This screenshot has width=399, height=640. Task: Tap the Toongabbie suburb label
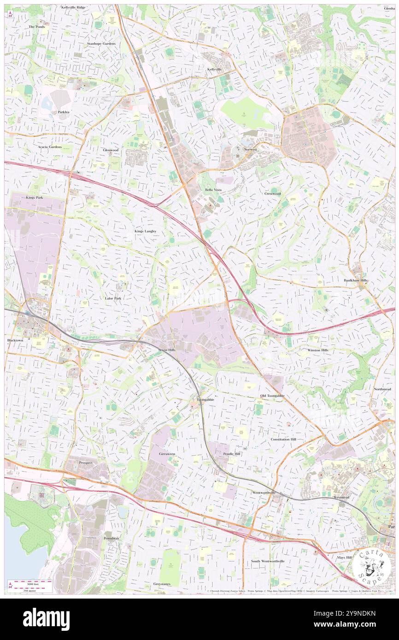[x=205, y=399]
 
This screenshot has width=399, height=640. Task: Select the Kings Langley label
[x=146, y=231]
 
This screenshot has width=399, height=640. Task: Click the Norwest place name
[x=250, y=150]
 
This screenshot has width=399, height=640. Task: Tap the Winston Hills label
[x=318, y=350]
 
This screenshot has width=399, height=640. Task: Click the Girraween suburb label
[x=167, y=454]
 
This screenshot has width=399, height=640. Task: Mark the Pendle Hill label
[x=232, y=454]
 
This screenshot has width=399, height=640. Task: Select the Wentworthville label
[x=264, y=492]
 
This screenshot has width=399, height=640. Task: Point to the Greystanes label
[x=162, y=584]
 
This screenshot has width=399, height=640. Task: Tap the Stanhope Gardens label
[x=101, y=43]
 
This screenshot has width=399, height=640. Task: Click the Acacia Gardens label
[x=50, y=147]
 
